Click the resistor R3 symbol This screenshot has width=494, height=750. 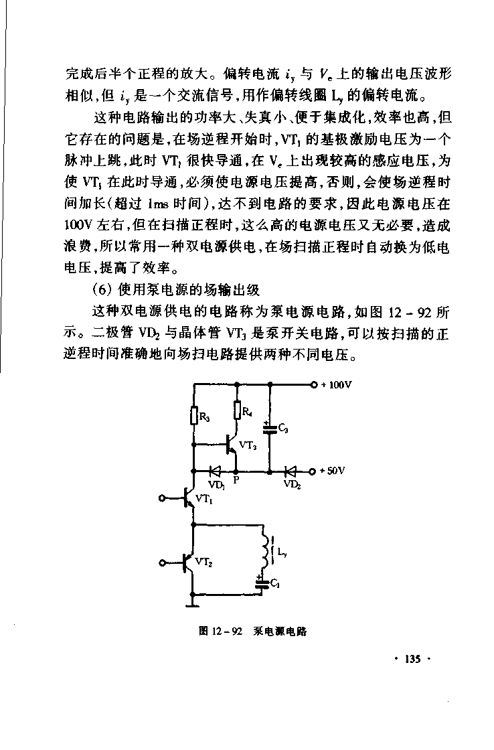click(x=194, y=417)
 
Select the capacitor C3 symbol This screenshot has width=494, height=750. click(x=270, y=429)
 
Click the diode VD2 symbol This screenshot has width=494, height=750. click(x=291, y=471)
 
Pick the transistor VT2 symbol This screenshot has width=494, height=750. click(x=189, y=563)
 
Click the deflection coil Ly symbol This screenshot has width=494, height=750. click(x=270, y=549)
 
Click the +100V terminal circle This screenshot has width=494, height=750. click(x=314, y=385)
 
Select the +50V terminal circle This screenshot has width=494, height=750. click(x=314, y=471)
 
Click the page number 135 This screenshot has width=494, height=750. click(x=411, y=660)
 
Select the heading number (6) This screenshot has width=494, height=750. click(x=103, y=290)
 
